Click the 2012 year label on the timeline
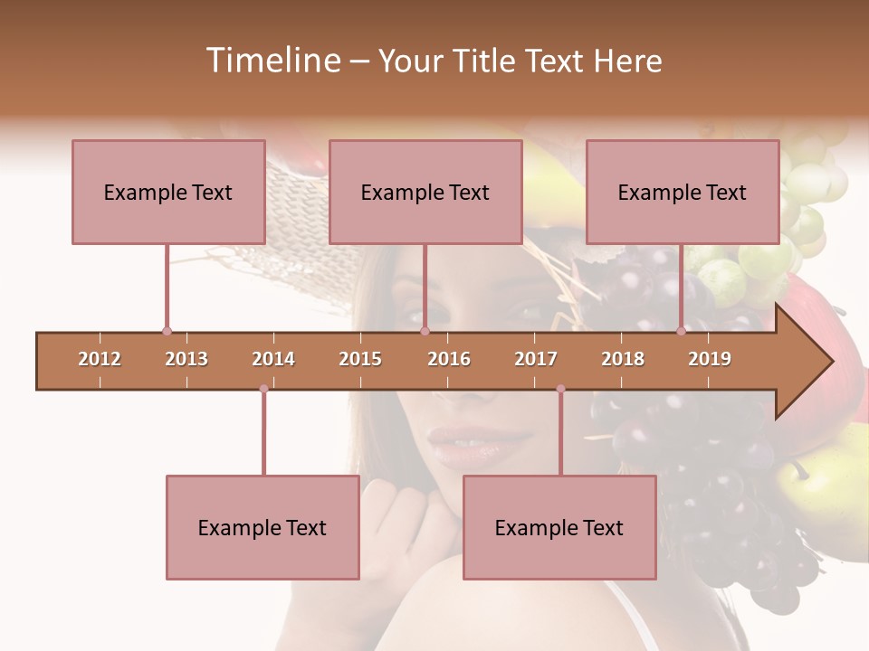tap(100, 359)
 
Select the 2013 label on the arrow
tap(186, 359)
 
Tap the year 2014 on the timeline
tap(273, 359)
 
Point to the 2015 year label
tap(360, 359)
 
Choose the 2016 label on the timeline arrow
tap(449, 359)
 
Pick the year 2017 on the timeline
tap(536, 359)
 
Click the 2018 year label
tap(623, 359)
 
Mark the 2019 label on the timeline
tap(710, 359)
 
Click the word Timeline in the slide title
tap(271, 61)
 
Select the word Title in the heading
tap(484, 61)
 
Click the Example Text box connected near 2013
tap(168, 192)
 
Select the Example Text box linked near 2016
tap(425, 192)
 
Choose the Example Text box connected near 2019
tap(683, 192)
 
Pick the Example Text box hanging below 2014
tap(263, 527)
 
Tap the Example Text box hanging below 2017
tap(559, 527)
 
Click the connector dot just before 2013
tap(167, 331)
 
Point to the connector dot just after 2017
tap(560, 389)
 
